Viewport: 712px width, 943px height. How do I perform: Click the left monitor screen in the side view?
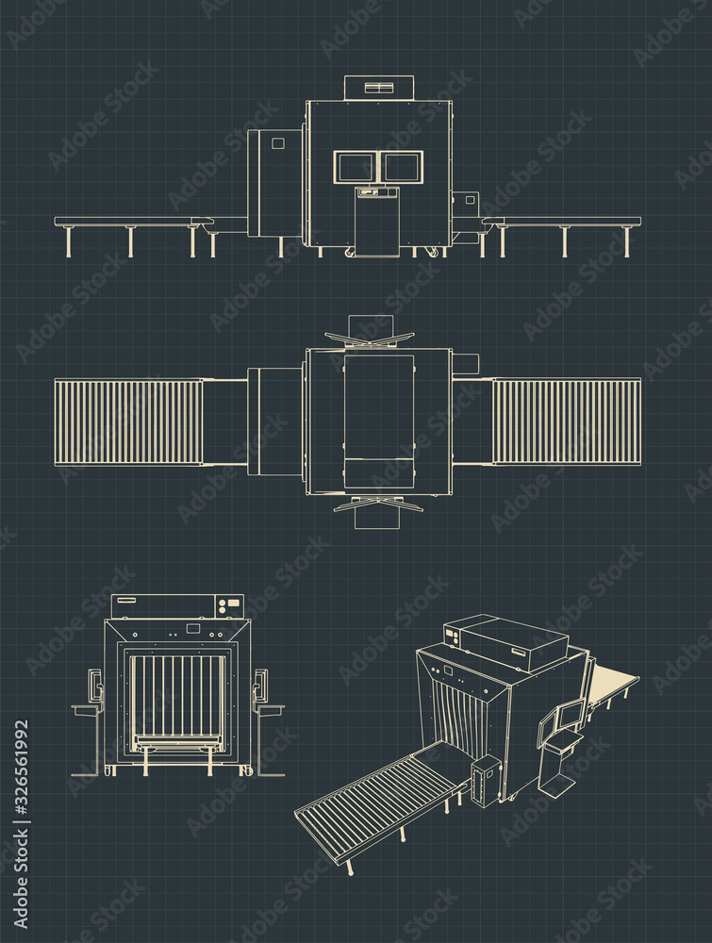point(355,167)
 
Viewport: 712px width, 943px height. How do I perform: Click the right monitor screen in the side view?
point(402,167)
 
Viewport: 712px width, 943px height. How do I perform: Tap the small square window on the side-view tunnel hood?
point(278,143)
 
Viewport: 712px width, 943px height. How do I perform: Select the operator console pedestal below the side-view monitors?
point(377,222)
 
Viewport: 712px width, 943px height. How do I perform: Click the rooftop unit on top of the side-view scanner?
point(379,88)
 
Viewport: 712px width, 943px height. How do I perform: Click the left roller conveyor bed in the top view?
point(128,422)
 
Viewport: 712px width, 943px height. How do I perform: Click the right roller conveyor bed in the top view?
point(567,422)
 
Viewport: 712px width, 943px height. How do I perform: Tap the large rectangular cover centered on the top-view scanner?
point(379,407)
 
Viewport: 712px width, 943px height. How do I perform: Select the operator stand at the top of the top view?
point(370,332)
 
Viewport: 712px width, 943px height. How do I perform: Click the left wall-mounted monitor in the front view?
point(94,685)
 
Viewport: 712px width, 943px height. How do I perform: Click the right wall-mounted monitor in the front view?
point(260,685)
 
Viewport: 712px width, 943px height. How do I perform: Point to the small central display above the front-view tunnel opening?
point(193,628)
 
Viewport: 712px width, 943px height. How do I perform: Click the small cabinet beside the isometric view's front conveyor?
point(485,780)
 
